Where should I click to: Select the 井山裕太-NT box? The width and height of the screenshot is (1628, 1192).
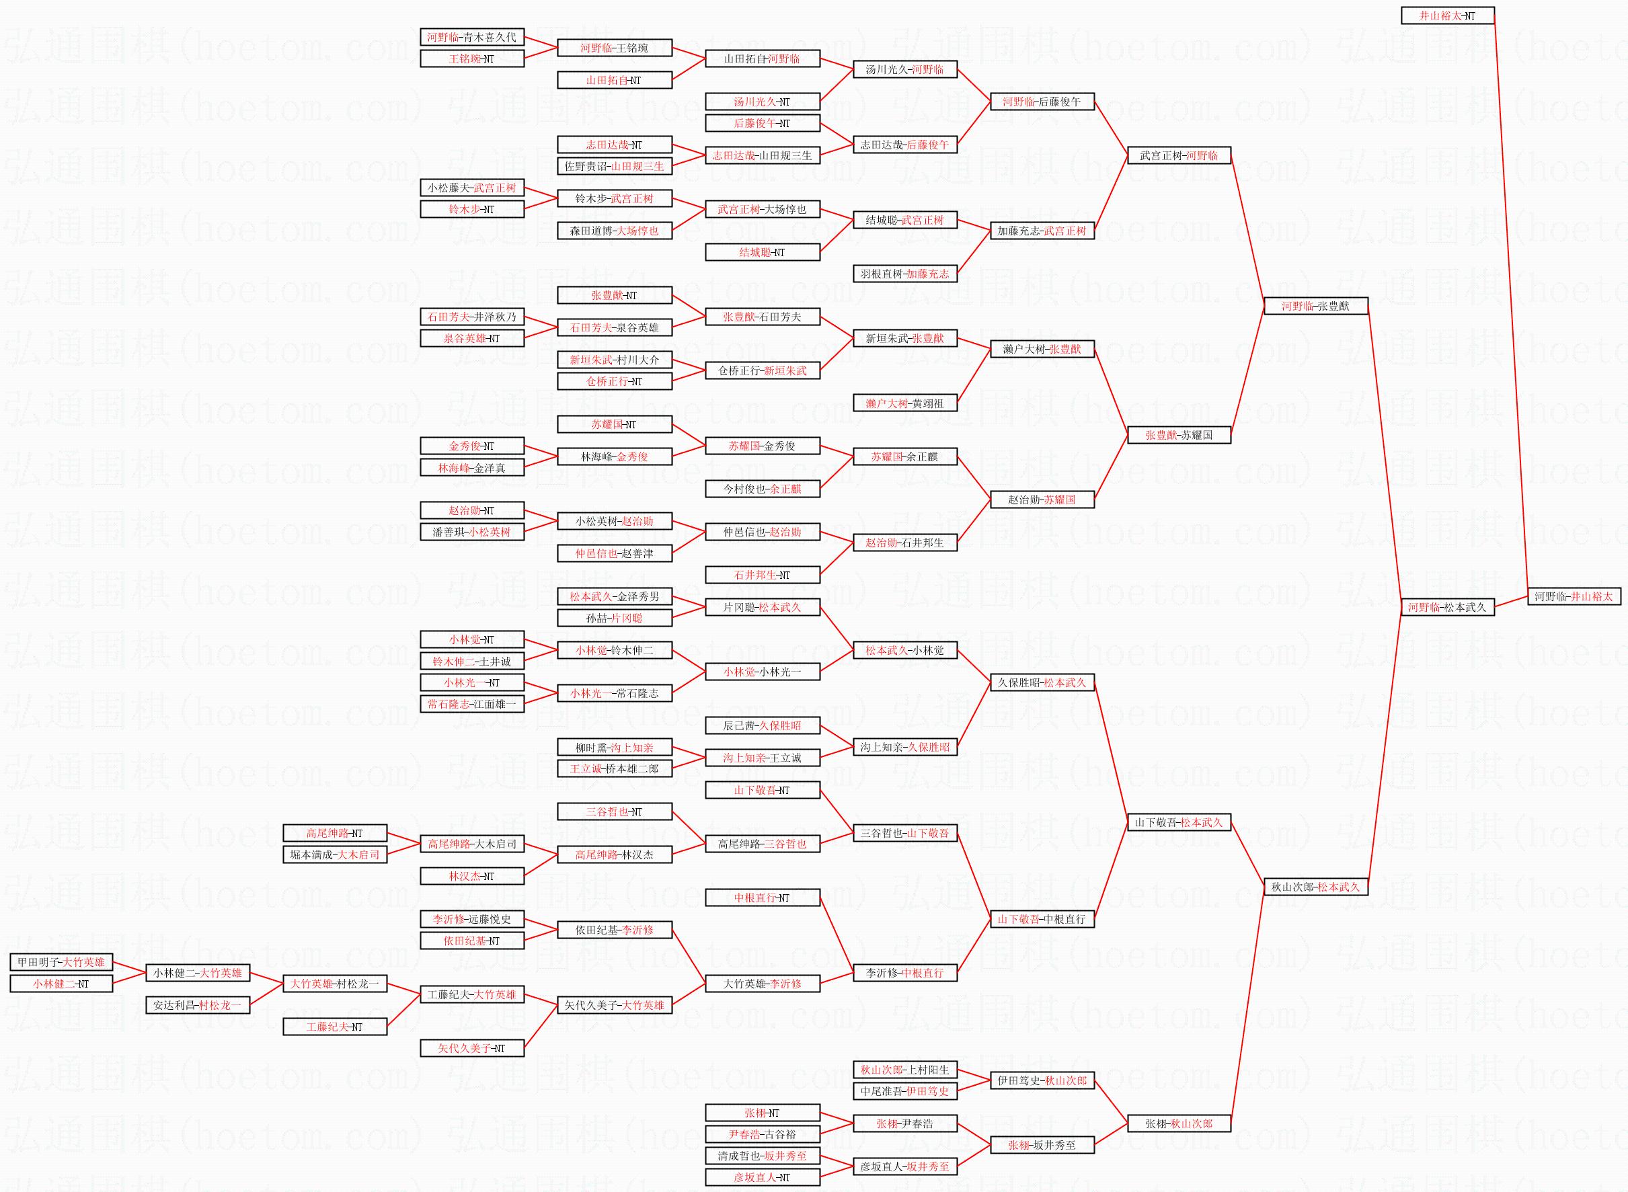pyautogui.click(x=1448, y=15)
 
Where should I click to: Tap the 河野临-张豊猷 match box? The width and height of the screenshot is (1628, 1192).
pyautogui.click(x=1315, y=306)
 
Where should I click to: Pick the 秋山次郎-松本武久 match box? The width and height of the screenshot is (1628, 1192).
pyautogui.click(x=1315, y=887)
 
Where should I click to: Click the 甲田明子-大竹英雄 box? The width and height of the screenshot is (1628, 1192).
pyautogui.click(x=61, y=962)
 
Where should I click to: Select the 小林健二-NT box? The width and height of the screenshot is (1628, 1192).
pyautogui.click(x=61, y=984)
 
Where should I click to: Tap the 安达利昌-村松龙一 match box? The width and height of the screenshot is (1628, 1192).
pyautogui.click(x=198, y=1005)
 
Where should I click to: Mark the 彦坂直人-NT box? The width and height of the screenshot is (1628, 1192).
pyautogui.click(x=763, y=1177)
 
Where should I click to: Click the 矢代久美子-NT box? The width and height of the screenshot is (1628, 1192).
pyautogui.click(x=472, y=1048)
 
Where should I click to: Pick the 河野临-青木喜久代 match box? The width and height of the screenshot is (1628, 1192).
pyautogui.click(x=472, y=37)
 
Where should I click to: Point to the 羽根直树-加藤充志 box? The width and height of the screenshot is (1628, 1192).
pyautogui.click(x=905, y=274)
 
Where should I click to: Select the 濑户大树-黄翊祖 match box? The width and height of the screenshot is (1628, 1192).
pyautogui.click(x=905, y=403)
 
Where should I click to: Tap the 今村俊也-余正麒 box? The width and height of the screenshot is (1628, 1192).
pyautogui.click(x=763, y=489)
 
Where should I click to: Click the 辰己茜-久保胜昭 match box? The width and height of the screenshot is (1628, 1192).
pyautogui.click(x=763, y=725)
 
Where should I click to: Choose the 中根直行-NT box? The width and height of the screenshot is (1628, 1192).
pyautogui.click(x=763, y=898)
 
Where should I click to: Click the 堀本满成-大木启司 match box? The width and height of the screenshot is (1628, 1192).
pyautogui.click(x=335, y=855)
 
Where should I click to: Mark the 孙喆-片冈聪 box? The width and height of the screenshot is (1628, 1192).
pyautogui.click(x=615, y=618)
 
